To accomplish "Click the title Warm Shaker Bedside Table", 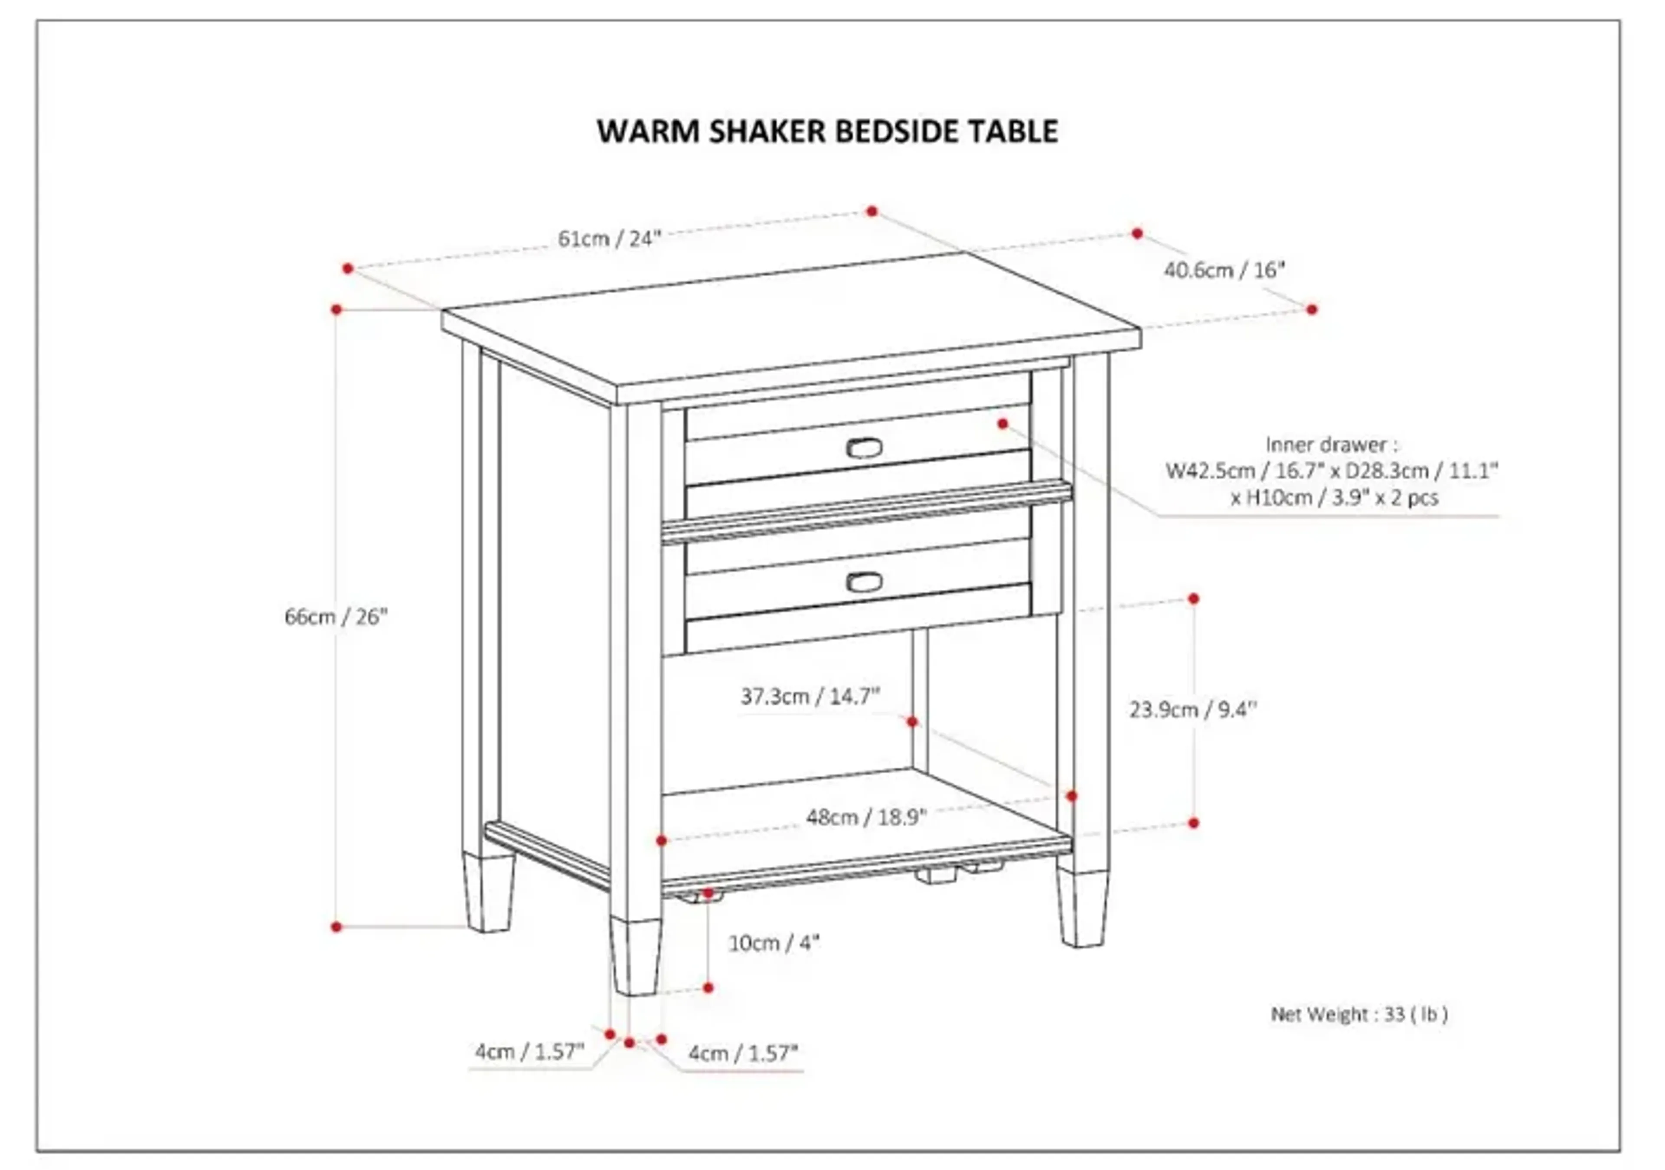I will pyautogui.click(x=827, y=131).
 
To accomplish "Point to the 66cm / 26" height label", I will pyautogui.click(x=336, y=617).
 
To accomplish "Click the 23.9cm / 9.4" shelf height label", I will pyautogui.click(x=1193, y=709).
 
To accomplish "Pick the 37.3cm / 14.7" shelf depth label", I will pyautogui.click(x=810, y=696).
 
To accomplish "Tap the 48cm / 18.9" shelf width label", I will pyautogui.click(x=867, y=817).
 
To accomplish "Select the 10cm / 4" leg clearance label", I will pyautogui.click(x=774, y=943).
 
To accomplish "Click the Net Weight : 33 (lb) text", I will pyautogui.click(x=1359, y=1014).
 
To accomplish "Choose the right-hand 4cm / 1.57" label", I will pyautogui.click(x=743, y=1053).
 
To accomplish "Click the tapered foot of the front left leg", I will pyautogui.click(x=635, y=956).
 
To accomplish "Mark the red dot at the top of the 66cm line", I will pyautogui.click(x=336, y=310).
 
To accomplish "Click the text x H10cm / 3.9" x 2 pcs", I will pyautogui.click(x=1334, y=497).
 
